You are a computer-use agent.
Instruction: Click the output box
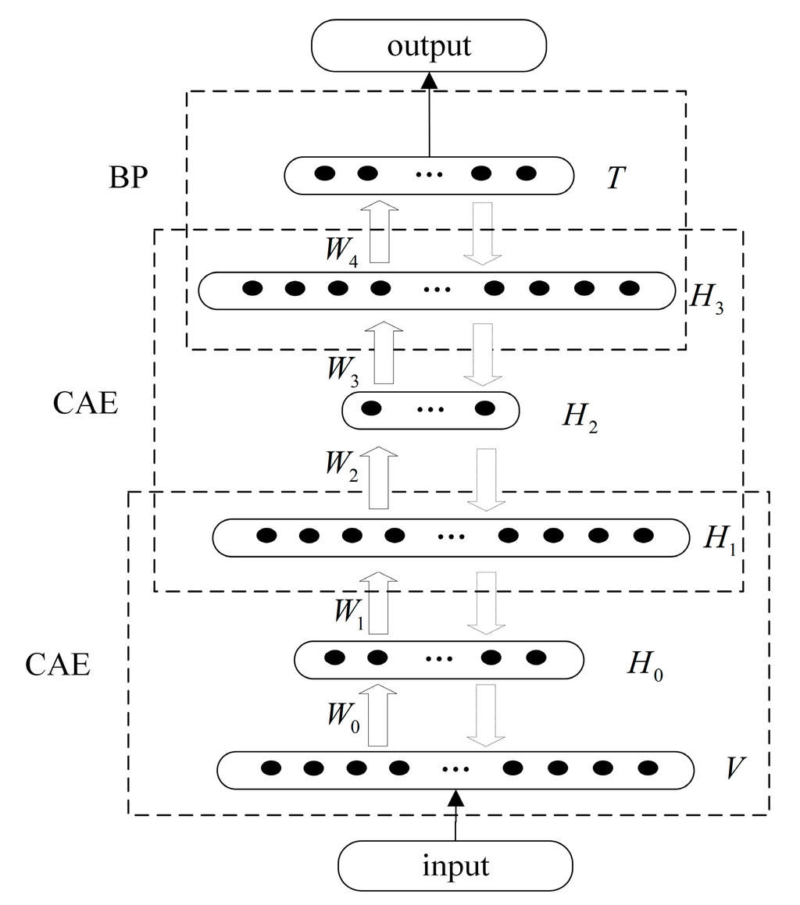(428, 45)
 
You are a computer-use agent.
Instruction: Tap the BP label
(130, 178)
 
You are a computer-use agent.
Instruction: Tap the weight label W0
(343, 717)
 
